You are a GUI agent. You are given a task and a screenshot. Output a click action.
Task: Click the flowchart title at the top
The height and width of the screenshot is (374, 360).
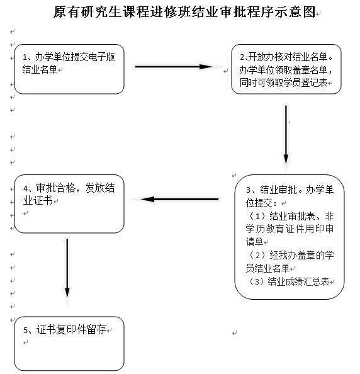point(184,12)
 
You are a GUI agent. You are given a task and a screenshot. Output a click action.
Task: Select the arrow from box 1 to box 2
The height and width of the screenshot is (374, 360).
point(174,67)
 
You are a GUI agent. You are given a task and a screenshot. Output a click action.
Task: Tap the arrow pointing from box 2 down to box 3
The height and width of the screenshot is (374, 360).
point(286,135)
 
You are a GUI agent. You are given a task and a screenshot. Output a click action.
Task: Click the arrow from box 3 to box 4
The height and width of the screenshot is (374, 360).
point(179,199)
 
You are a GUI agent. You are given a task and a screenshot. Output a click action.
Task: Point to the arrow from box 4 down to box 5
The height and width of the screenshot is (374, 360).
point(67,268)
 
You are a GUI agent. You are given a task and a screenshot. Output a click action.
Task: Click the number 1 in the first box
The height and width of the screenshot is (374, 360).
point(25,57)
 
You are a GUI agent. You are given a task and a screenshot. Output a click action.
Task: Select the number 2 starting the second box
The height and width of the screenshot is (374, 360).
point(242,57)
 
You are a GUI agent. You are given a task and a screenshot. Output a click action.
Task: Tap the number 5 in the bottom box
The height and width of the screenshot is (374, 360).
point(26,330)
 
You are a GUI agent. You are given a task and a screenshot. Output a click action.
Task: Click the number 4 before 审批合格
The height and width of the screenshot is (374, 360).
point(26,188)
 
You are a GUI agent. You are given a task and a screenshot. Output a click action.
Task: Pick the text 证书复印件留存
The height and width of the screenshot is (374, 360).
point(71,330)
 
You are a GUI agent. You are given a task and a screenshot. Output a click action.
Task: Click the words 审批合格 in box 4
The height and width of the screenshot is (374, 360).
point(56,188)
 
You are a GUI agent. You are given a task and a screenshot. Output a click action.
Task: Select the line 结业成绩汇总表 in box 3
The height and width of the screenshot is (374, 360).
point(298,281)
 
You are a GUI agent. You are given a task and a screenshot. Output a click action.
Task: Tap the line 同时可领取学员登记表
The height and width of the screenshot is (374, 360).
point(283,82)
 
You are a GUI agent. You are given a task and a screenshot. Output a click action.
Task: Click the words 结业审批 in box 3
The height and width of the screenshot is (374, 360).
point(278,190)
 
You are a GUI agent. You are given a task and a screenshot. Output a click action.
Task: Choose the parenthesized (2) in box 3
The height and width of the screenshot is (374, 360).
point(257,255)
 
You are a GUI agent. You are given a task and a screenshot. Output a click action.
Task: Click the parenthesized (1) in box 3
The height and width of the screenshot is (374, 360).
point(257,216)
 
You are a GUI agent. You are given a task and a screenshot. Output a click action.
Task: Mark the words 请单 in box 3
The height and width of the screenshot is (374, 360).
point(254,242)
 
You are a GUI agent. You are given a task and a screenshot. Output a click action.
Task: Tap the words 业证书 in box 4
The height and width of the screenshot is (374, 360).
point(38,201)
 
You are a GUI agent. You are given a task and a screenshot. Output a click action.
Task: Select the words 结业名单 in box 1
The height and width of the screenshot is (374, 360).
point(40,69)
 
